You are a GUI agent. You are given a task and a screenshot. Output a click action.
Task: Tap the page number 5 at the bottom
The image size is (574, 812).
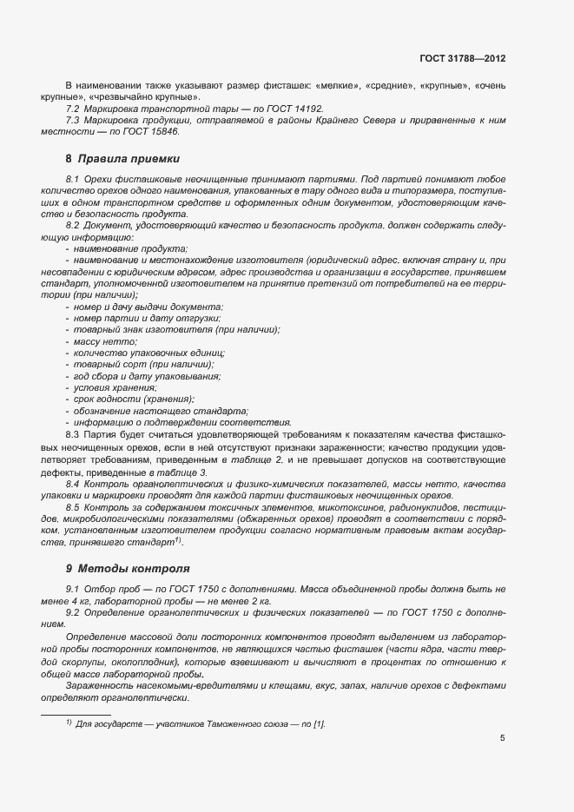502,739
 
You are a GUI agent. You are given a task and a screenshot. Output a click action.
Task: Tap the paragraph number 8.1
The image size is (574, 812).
72,178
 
